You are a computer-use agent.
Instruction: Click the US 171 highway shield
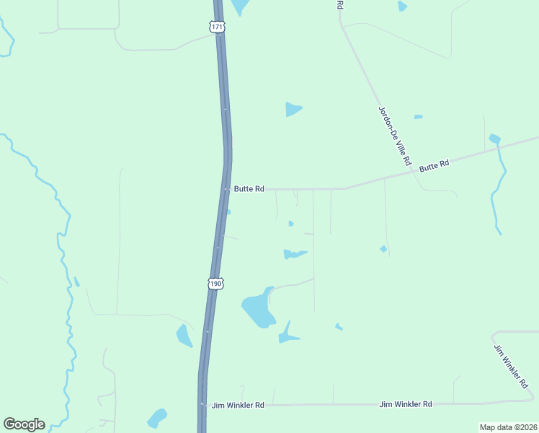pos(217,27)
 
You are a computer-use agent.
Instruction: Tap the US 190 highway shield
pos(216,284)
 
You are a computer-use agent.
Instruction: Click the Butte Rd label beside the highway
pos(249,189)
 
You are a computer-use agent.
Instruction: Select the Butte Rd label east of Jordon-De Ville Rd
pos(434,165)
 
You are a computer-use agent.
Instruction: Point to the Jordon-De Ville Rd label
pos(394,134)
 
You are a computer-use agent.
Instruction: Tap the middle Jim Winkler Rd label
pos(406,404)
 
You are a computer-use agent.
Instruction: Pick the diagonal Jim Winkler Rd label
pos(512,367)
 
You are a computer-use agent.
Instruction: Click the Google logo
pos(24,424)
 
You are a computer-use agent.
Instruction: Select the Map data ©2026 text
pos(508,427)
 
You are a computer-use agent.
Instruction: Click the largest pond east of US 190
pos(258,309)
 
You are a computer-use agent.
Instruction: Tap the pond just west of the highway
pos(184,336)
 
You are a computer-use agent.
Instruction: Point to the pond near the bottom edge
pos(156,418)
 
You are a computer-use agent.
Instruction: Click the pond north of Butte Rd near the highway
pos(293,109)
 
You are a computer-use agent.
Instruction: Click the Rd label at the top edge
pos(339,4)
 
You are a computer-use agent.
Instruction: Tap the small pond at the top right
pos(402,6)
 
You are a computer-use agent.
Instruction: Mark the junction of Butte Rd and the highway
pos(226,189)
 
